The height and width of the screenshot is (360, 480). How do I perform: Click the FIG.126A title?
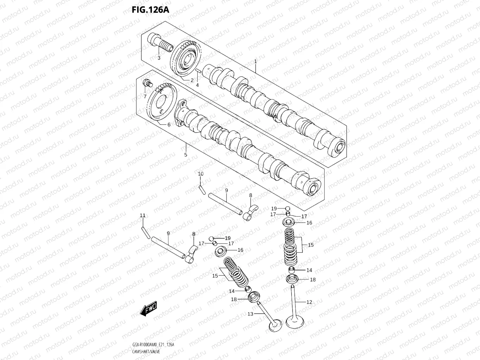pyautogui.click(x=150, y=9)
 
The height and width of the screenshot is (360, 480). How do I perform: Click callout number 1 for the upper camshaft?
pyautogui.click(x=256, y=61)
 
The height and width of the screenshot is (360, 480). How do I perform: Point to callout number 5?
pyautogui.click(x=186, y=154)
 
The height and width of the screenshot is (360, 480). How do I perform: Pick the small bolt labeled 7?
pyautogui.click(x=147, y=84)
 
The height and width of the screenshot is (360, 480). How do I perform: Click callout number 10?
pyautogui.click(x=200, y=174)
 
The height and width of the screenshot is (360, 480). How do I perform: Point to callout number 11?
pyautogui.click(x=142, y=216)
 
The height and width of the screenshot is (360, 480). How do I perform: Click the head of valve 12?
pyautogui.click(x=294, y=321)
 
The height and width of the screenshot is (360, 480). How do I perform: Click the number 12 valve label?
pyautogui.click(x=309, y=302)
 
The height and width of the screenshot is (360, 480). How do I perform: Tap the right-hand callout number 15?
pyautogui.click(x=311, y=245)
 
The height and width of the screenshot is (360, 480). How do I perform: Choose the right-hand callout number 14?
pyautogui.click(x=309, y=270)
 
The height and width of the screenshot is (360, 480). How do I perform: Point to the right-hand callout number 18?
pyautogui.click(x=313, y=280)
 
